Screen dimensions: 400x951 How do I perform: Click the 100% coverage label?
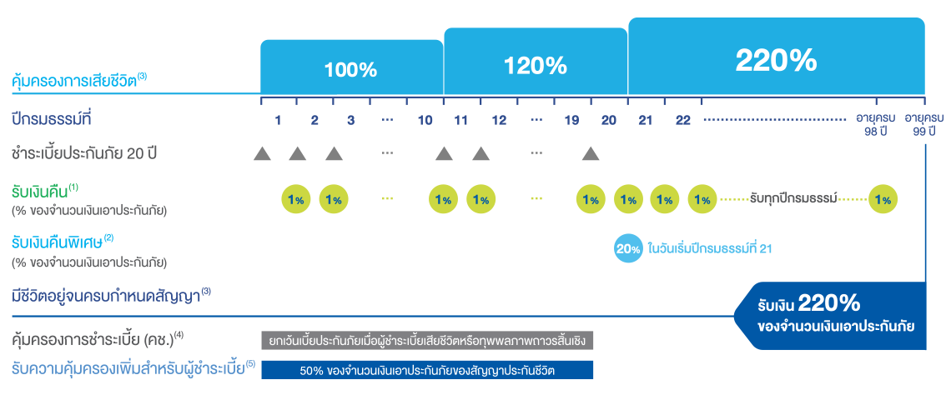tap(350, 70)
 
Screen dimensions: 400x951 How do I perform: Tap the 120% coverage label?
tap(536, 65)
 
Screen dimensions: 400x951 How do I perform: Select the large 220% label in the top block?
tap(776, 59)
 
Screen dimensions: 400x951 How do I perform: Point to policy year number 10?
tap(425, 120)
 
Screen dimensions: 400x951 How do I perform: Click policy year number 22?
tap(682, 120)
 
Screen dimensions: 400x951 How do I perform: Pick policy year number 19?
tap(571, 120)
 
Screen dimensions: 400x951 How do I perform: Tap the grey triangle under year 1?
tap(262, 153)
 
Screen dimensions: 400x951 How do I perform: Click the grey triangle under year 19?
tap(591, 153)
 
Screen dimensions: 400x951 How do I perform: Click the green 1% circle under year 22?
tap(703, 200)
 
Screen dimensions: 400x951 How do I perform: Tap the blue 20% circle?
tap(628, 248)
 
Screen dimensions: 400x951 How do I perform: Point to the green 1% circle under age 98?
tap(883, 200)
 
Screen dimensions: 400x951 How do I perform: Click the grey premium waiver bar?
tap(427, 341)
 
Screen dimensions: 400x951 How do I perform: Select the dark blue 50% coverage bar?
tap(427, 370)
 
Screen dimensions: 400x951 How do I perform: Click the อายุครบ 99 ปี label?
tap(923, 125)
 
